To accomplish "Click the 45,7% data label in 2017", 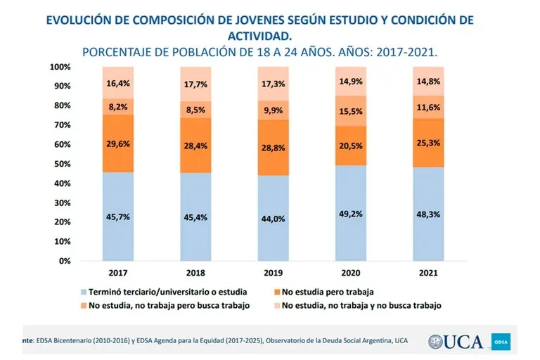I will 117,217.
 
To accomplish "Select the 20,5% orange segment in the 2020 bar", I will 354,146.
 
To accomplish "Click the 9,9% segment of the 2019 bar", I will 275,110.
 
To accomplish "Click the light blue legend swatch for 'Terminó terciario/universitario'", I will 84,290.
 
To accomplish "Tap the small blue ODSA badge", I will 503,342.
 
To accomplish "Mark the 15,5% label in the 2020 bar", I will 354,110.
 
